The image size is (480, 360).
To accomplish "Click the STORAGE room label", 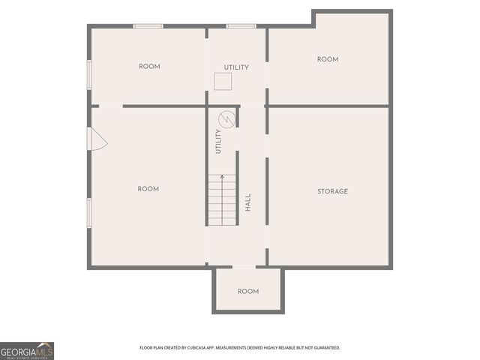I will (332, 191).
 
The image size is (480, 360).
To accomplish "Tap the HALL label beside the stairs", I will (247, 202).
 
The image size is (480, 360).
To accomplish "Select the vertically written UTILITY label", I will (218, 142).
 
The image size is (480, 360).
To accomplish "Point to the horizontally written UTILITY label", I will (236, 67).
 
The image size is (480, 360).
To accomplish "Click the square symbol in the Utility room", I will (223, 81).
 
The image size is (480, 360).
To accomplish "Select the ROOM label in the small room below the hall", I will (248, 291).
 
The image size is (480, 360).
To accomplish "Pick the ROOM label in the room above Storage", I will (328, 59).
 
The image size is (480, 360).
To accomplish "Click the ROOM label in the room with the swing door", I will (148, 189).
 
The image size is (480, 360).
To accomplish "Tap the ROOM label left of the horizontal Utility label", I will (149, 67).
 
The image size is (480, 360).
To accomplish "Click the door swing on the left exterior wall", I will (97, 139).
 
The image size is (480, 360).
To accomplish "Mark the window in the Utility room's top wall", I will (241, 26).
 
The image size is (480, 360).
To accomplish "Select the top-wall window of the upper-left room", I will (148, 26).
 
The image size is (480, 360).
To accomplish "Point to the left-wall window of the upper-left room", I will (89, 75).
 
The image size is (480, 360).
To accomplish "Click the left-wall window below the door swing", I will (89, 211).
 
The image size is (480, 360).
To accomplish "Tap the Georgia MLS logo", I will (27, 350).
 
